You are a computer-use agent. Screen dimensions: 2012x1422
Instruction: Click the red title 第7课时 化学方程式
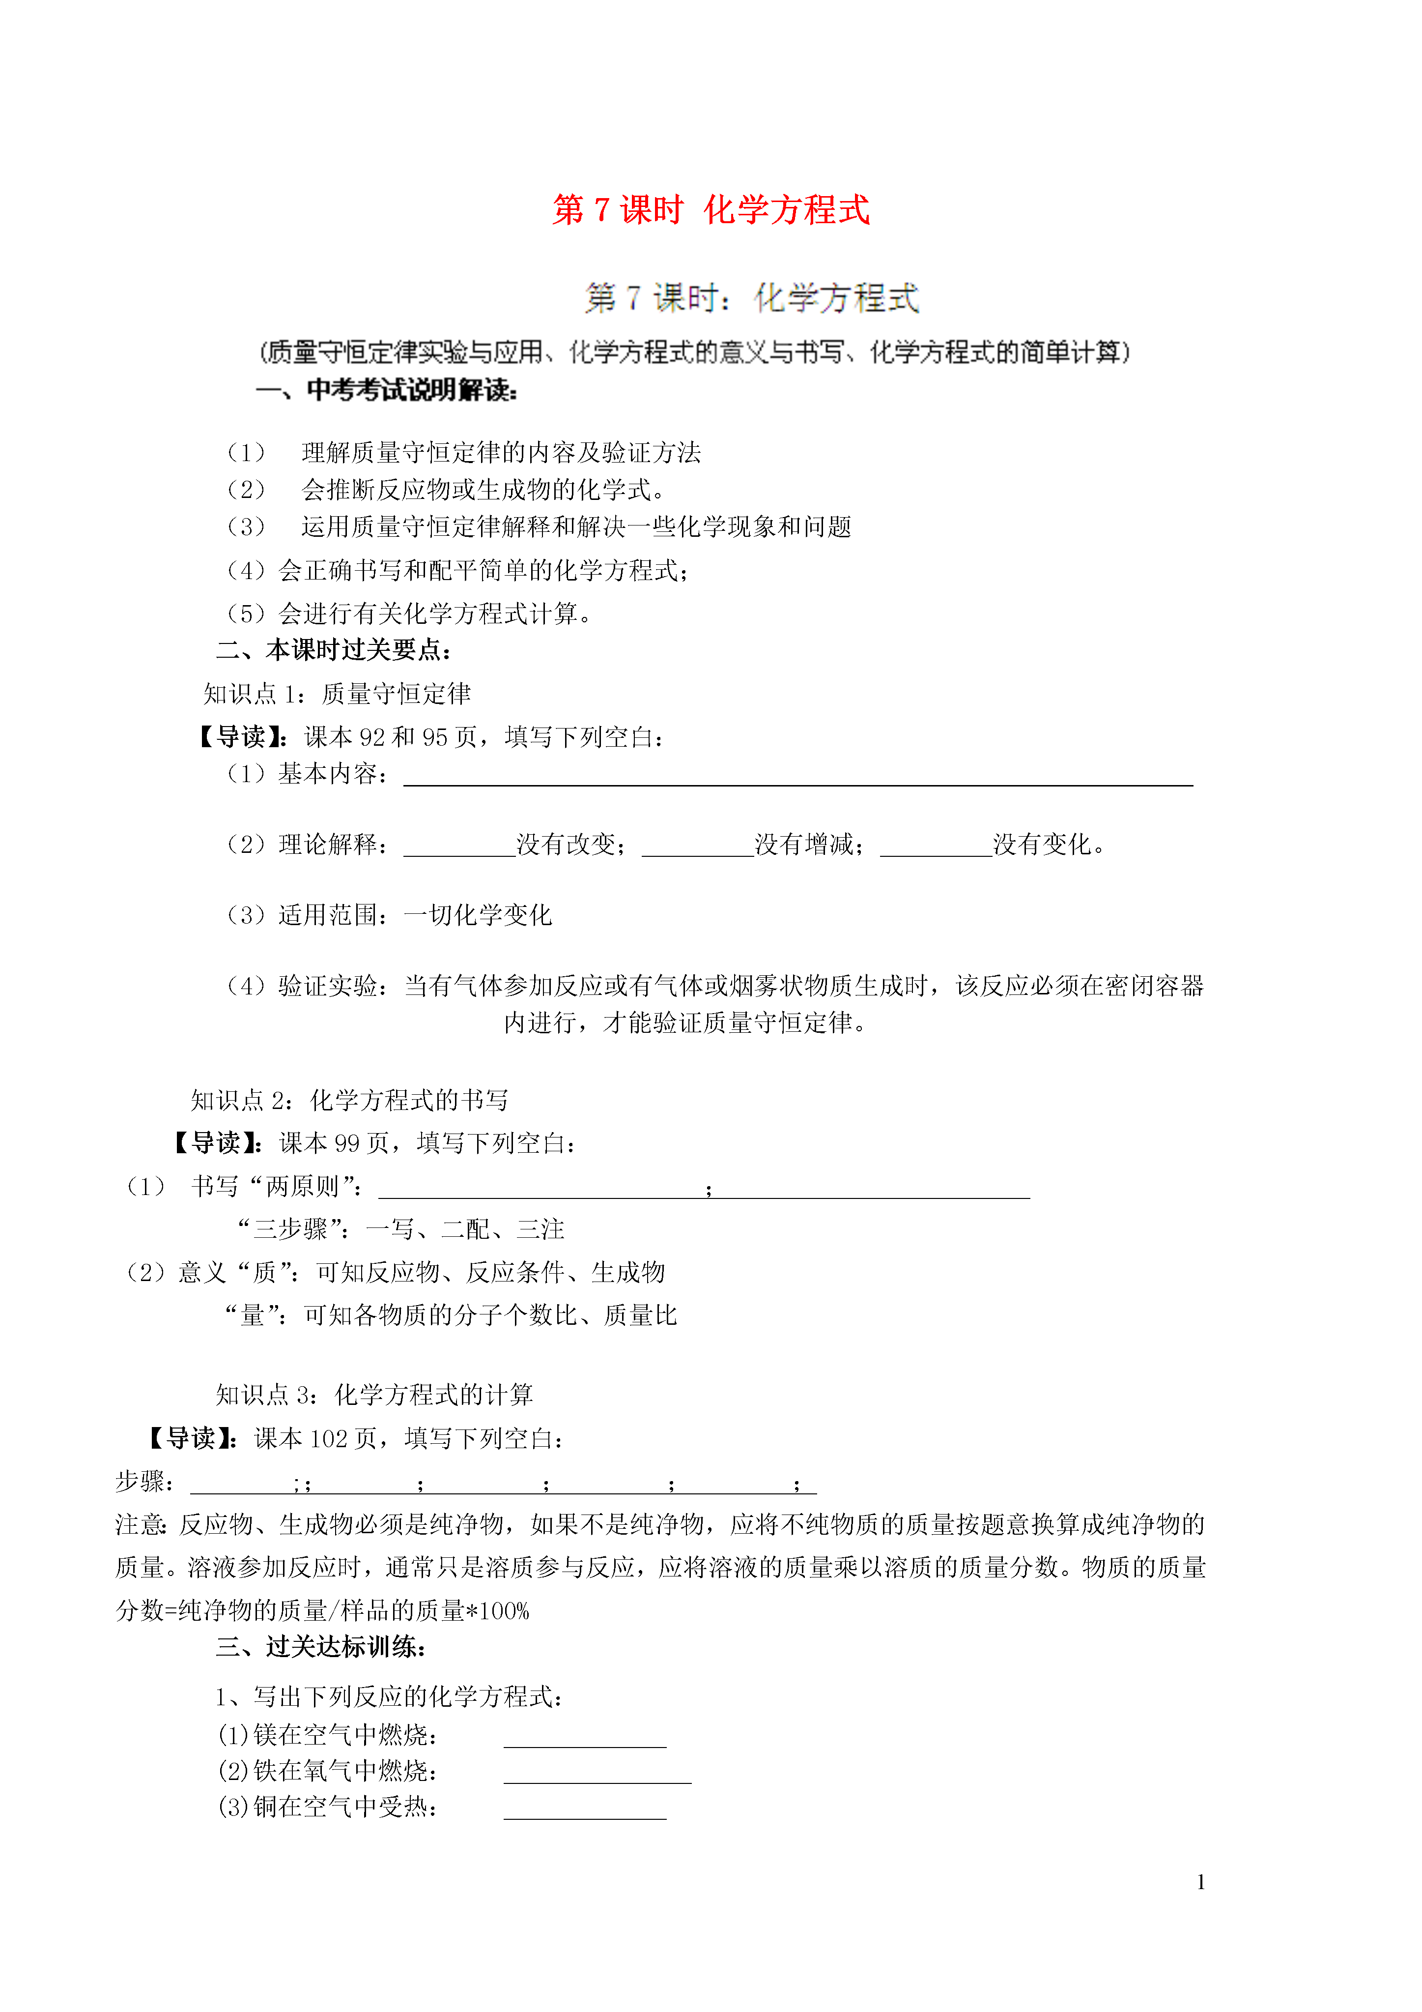(711, 210)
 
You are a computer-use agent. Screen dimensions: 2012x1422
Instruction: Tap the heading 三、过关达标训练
(321, 1647)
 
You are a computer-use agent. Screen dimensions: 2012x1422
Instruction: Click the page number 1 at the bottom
(1200, 1881)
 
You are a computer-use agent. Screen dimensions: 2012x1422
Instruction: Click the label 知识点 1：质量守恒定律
(338, 694)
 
